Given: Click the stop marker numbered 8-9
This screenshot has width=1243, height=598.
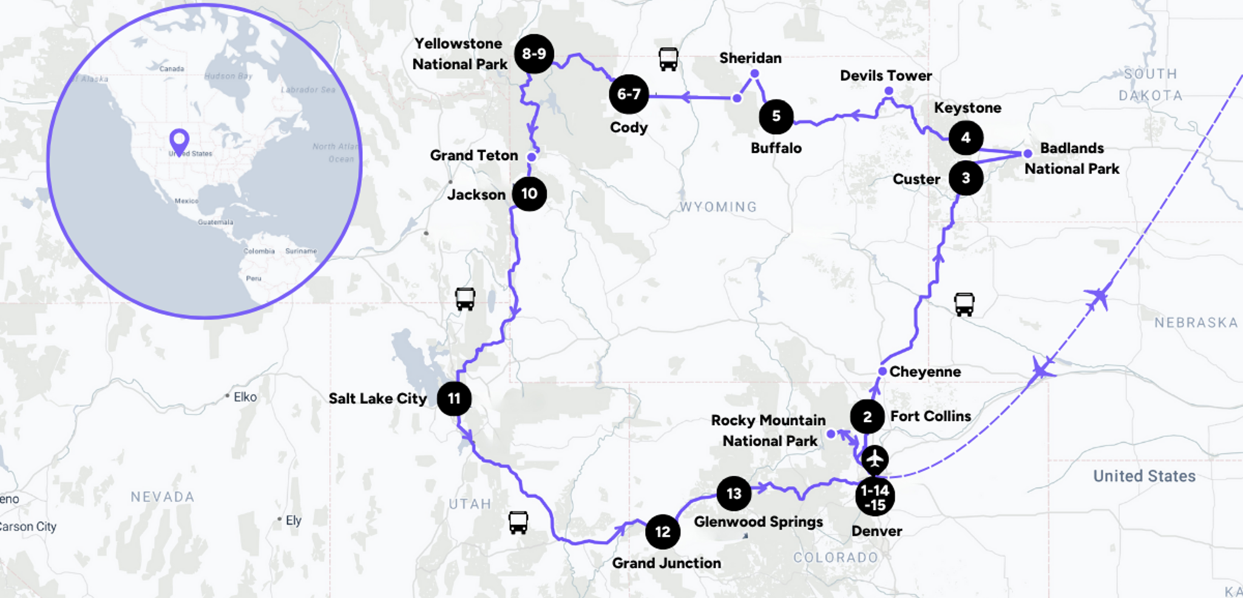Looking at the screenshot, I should tap(534, 54).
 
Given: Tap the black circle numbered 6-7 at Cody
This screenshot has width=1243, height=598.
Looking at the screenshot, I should tap(629, 95).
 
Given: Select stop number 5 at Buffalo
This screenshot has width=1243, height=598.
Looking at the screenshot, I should tap(776, 116).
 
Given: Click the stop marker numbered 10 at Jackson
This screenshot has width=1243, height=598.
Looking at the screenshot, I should tap(529, 194).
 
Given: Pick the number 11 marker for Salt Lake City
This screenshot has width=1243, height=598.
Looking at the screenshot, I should tap(454, 398).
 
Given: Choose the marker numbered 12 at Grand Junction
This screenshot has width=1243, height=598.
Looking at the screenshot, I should tap(663, 532).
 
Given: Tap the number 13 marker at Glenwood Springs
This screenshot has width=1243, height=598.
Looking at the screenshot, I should tap(734, 494).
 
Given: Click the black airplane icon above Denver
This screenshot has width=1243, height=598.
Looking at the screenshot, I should tap(875, 459).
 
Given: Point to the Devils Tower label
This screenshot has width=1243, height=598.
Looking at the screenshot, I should tap(886, 76).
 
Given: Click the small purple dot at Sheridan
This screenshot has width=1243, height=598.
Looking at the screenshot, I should tap(754, 74).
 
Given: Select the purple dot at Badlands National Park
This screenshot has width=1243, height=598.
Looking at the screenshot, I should tap(1028, 154).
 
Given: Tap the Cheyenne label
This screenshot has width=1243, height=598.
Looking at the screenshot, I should tap(925, 372).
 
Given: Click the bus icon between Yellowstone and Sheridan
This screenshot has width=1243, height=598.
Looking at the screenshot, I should tap(668, 59).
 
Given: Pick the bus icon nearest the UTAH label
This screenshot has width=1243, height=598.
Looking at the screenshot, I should tap(518, 522).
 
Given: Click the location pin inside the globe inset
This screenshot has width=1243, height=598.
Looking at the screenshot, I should tap(179, 141).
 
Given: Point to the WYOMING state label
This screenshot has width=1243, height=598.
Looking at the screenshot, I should tap(718, 207).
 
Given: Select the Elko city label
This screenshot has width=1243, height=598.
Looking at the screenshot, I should tap(245, 397).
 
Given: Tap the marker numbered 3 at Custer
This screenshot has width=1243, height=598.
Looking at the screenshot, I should tap(966, 178).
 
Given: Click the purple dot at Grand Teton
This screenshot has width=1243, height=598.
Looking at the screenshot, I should tap(532, 157).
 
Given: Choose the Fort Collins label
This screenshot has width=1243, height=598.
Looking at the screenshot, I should tap(930, 416).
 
